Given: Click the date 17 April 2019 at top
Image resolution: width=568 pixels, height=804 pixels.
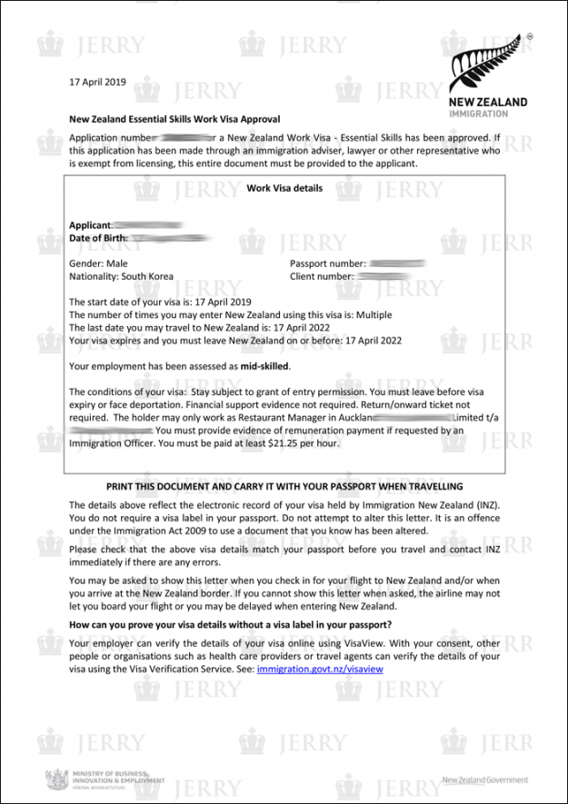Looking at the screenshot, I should (x=97, y=82).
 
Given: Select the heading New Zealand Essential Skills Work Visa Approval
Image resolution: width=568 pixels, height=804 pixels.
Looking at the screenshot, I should (x=174, y=119).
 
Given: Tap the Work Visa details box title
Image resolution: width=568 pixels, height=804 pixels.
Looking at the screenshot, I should (x=284, y=188).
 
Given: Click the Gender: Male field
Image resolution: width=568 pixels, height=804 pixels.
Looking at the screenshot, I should (x=98, y=263).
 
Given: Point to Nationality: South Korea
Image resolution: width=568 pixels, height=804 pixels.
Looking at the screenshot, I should (x=121, y=276).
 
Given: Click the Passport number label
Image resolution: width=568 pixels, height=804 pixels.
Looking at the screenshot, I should (x=327, y=263).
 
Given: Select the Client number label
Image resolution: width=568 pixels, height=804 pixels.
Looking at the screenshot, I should (x=322, y=276).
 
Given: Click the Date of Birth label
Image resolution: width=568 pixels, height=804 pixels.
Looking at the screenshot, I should (x=98, y=238).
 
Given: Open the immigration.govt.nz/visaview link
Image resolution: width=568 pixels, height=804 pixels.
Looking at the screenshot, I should (x=320, y=669).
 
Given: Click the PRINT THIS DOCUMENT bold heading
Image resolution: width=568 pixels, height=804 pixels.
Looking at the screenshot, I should (x=284, y=487).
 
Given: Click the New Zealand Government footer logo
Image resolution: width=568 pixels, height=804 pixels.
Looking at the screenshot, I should (x=484, y=780).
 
